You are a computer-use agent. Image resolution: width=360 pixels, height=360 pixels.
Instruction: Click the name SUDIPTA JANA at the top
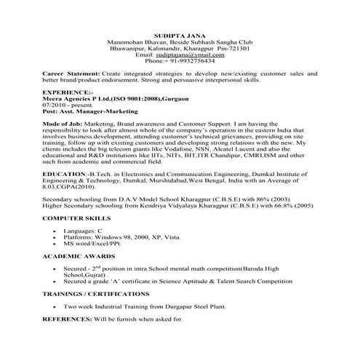180,35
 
